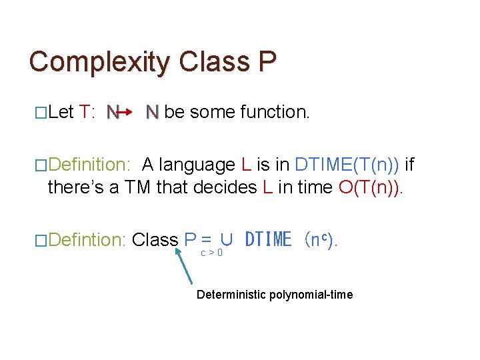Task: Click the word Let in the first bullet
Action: tap(61, 112)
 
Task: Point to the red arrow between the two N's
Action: tap(131, 112)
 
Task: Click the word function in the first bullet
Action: tap(275, 112)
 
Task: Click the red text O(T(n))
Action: tap(371, 187)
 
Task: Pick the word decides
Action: tap(225, 187)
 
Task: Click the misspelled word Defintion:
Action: tap(87, 239)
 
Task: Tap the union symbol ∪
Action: tap(226, 239)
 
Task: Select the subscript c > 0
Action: tap(212, 253)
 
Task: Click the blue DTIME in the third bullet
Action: tap(268, 239)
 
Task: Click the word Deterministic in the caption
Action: tap(230, 295)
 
